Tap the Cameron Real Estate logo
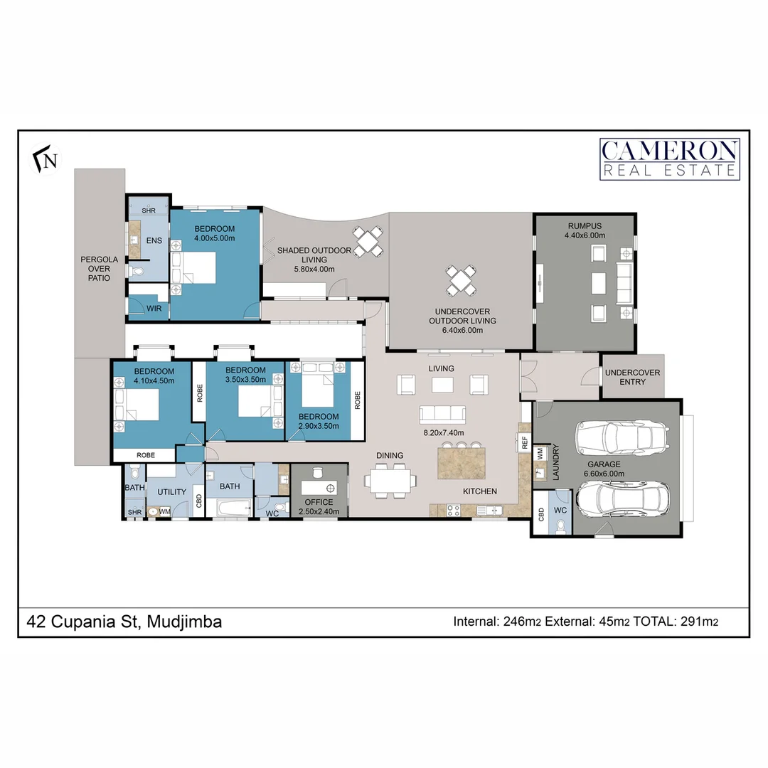[669, 159]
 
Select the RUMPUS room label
[585, 226]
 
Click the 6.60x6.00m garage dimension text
[603, 473]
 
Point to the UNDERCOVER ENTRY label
[632, 377]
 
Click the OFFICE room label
[319, 502]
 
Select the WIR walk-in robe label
[154, 309]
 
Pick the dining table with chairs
[390, 480]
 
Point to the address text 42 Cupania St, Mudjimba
[124, 622]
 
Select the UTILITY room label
[171, 492]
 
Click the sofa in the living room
[442, 415]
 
